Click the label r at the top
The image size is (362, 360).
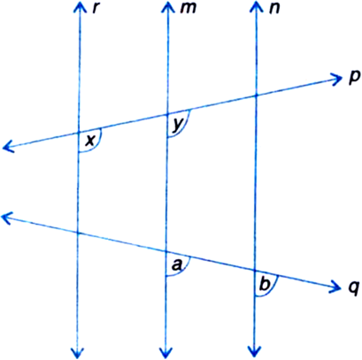95,9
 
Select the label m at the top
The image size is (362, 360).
188,9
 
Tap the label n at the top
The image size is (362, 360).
273,9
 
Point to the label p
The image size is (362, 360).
353,77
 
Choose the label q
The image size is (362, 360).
352,287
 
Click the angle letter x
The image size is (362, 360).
90,141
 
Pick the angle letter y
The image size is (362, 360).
177,126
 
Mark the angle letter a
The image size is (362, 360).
177,265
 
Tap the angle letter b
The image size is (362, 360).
265,285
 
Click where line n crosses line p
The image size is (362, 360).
256,96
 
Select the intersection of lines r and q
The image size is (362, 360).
78,234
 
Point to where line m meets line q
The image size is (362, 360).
166,251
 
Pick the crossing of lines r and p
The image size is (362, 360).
79,132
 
